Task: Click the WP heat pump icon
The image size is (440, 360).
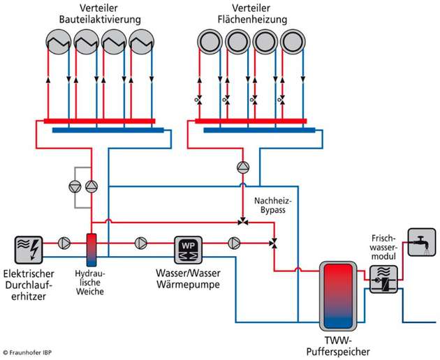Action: tap(186, 246)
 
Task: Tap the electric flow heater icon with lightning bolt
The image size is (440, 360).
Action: tap(29, 246)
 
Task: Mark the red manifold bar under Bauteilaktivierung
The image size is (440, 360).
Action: tap(98, 121)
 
